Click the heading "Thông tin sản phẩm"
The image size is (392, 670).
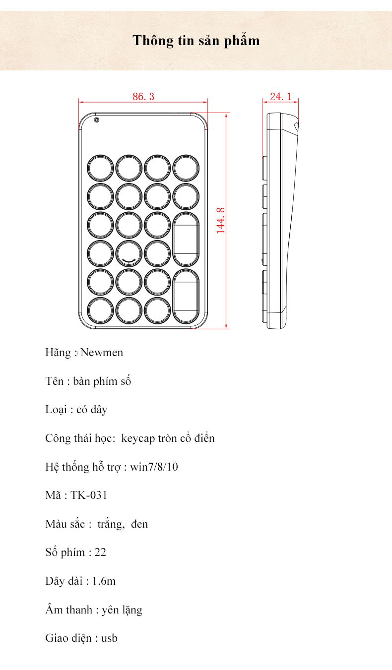(x=196, y=40)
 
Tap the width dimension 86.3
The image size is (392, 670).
(x=143, y=97)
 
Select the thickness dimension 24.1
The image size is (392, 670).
(x=280, y=97)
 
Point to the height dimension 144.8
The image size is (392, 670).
(x=221, y=221)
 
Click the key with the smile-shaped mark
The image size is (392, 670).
(x=129, y=253)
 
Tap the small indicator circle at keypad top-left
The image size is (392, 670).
(x=97, y=120)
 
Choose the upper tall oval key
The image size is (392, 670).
(x=186, y=239)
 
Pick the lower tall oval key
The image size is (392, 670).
(x=186, y=296)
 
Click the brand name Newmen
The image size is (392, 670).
(x=102, y=353)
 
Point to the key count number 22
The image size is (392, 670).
(x=100, y=552)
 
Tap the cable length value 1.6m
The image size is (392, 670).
(x=104, y=581)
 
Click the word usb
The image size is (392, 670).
(x=110, y=638)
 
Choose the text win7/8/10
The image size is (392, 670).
(x=154, y=467)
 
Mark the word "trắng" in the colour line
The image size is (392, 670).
(x=110, y=524)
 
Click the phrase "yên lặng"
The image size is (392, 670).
(x=122, y=609)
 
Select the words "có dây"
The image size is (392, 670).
(x=92, y=410)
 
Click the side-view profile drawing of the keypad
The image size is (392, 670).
(x=281, y=221)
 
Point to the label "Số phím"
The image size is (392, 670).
(x=65, y=552)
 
